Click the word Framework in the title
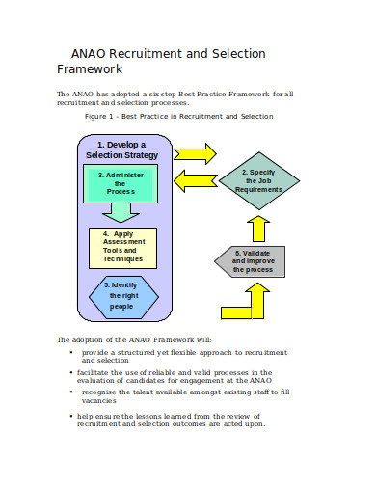[x=90, y=69]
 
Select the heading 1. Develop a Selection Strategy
[x=121, y=149]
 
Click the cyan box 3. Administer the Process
[x=121, y=183]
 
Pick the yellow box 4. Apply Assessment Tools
[x=121, y=247]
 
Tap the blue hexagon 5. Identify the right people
[x=121, y=295]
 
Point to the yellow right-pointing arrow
[x=198, y=152]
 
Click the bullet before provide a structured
[x=71, y=353]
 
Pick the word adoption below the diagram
[x=93, y=340]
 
